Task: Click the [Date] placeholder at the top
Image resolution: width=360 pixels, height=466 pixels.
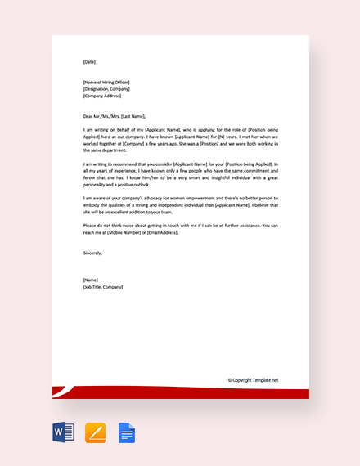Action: point(89,61)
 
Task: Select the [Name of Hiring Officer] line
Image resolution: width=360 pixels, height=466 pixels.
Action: point(106,83)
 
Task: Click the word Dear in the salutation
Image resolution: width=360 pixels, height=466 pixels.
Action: point(88,116)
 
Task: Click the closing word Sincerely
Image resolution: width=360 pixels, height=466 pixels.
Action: point(95,253)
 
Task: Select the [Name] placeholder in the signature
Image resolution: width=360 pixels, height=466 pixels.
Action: point(90,280)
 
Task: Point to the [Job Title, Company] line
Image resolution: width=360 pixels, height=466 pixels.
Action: point(102,287)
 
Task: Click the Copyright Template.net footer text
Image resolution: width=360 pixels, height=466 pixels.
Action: point(253,379)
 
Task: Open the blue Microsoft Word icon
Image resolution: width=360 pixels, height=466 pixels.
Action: point(63,432)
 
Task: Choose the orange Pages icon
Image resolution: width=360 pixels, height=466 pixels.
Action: point(95,432)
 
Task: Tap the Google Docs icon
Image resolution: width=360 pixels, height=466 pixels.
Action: point(126,432)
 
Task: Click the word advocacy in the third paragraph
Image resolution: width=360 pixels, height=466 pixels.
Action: point(163,198)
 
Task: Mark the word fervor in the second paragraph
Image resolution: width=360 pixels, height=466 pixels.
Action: point(92,177)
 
